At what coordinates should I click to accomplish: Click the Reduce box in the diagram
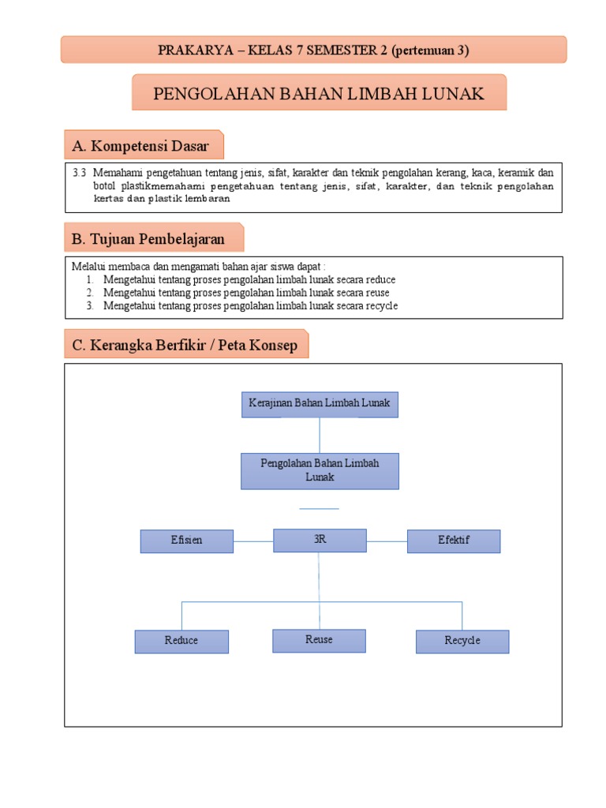click(181, 641)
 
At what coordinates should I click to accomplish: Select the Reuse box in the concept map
click(319, 640)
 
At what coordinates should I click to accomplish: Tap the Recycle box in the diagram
click(462, 641)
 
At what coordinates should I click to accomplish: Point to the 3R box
click(320, 541)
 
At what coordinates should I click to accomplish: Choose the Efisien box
click(187, 541)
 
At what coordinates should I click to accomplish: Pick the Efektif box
click(454, 541)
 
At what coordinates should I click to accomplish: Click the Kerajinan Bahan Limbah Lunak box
click(320, 404)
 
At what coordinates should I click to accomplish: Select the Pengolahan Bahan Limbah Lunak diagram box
click(320, 470)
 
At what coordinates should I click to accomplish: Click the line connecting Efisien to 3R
click(253, 541)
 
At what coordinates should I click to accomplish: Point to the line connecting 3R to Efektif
click(387, 541)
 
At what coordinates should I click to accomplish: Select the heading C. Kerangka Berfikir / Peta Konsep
click(185, 346)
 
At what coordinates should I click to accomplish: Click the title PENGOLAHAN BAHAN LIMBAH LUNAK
click(319, 95)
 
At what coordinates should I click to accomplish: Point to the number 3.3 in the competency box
click(79, 173)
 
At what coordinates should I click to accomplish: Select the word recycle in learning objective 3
click(381, 305)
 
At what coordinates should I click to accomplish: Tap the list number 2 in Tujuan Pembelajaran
click(90, 293)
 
